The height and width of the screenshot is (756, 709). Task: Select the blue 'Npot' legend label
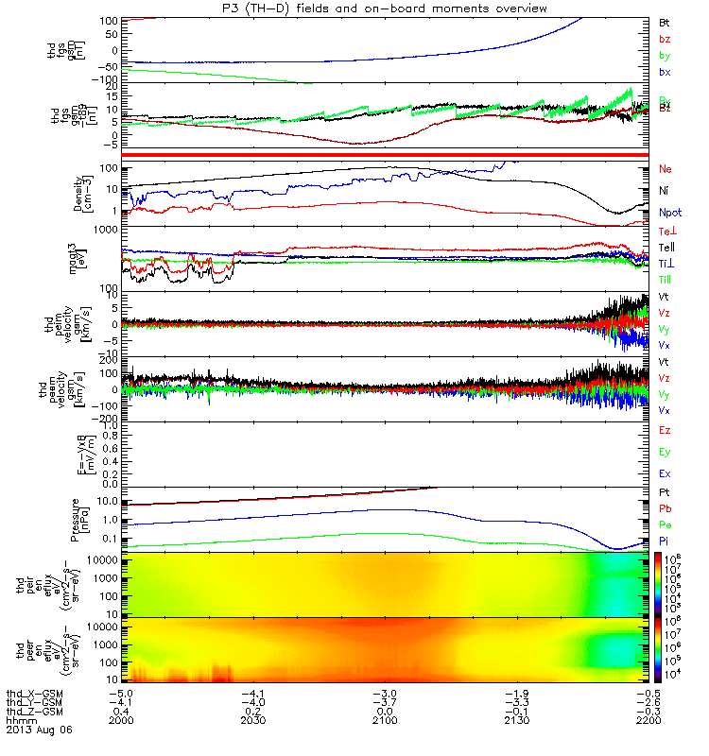pos(669,214)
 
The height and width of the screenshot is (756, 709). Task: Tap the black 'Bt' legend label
pos(664,21)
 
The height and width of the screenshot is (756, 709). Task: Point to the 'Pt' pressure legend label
pos(664,493)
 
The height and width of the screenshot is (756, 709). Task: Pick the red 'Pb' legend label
pos(665,511)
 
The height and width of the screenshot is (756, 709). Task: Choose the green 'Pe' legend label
pos(665,529)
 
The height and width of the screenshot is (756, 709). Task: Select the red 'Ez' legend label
pos(665,430)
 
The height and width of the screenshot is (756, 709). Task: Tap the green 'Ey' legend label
pos(665,452)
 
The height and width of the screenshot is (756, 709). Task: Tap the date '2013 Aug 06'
pos(39,730)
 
